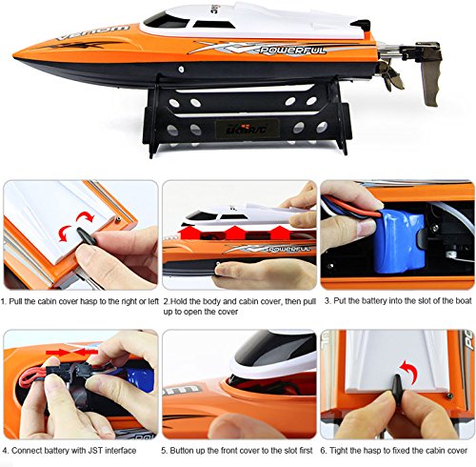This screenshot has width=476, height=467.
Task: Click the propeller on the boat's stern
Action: coord(391,76)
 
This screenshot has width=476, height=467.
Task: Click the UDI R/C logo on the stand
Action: coord(248,129)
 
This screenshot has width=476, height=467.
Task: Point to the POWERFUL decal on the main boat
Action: coord(293,51)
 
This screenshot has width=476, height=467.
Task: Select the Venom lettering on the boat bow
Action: coord(92,32)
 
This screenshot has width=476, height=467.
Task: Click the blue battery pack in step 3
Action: coord(399,242)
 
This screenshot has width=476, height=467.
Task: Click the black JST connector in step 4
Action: coord(69,371)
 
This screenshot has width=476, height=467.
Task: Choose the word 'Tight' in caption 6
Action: coord(339,451)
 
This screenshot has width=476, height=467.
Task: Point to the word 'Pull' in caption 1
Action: coord(15,301)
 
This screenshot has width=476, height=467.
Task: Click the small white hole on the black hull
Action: coord(181,69)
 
